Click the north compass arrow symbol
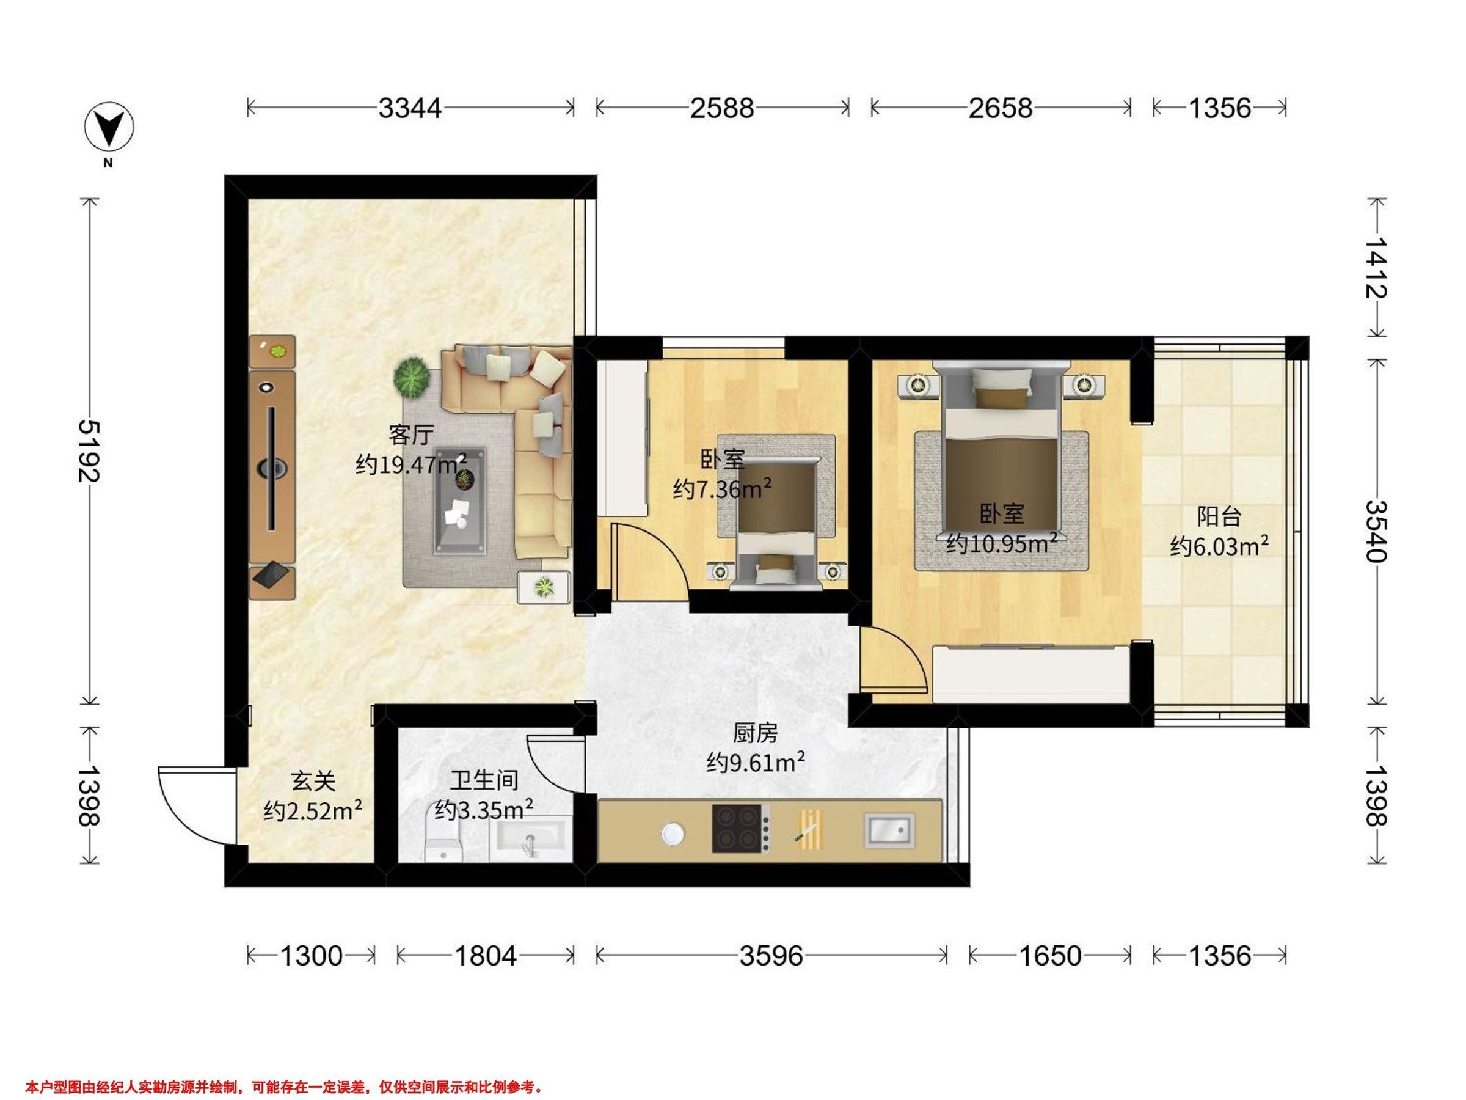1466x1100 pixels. (109, 126)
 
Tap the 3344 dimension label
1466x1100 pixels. (410, 108)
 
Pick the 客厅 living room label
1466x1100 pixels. (411, 435)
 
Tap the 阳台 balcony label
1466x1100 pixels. (1219, 516)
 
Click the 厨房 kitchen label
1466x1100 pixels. (756, 733)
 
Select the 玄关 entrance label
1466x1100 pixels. (313, 781)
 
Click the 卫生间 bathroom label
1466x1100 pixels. (484, 780)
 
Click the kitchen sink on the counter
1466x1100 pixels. (889, 829)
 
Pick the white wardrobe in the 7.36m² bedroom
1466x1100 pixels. (623, 438)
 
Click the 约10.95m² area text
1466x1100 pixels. (1001, 543)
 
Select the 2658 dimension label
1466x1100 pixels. (1000, 108)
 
